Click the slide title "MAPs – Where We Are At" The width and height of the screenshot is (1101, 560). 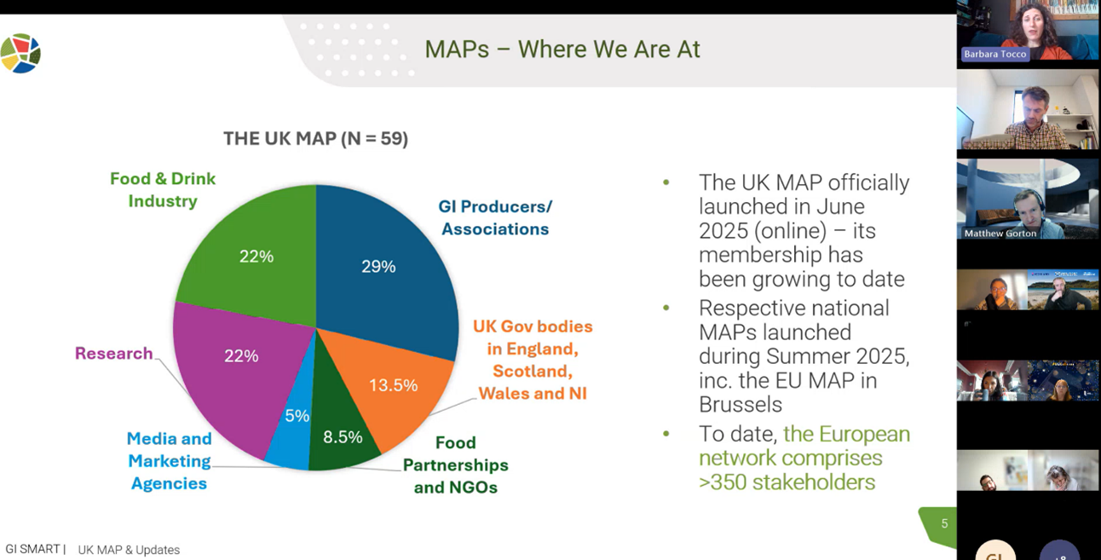(x=562, y=49)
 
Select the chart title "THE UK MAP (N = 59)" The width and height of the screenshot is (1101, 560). (x=315, y=138)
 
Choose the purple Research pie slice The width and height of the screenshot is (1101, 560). (x=234, y=367)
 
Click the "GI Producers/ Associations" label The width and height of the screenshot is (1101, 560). (x=495, y=217)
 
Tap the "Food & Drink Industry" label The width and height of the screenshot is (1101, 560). (x=163, y=190)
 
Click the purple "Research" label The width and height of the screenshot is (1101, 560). (x=113, y=353)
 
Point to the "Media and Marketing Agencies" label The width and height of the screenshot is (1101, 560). (x=169, y=461)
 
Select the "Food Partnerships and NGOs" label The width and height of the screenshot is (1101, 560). (x=456, y=465)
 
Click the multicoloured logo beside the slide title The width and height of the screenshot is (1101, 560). (x=20, y=53)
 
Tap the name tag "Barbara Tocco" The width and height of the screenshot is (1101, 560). (x=995, y=54)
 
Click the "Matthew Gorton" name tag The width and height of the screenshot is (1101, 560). (x=1000, y=233)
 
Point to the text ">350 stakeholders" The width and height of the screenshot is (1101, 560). (x=787, y=482)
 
